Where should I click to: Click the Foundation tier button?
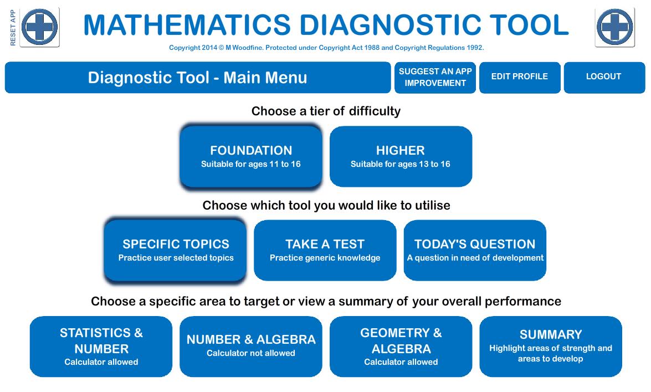[x=251, y=156]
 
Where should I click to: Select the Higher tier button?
[x=401, y=156]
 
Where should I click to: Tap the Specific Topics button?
[x=176, y=250]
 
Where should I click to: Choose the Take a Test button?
[x=325, y=250]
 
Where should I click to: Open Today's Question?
[x=475, y=250]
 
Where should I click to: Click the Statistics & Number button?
[x=101, y=347]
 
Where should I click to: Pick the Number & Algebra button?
[x=251, y=347]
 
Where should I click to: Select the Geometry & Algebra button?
[x=401, y=347]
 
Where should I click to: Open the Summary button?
[x=551, y=347]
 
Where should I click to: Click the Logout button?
[x=604, y=77]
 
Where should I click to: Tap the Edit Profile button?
[x=519, y=77]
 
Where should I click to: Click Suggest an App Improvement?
[x=435, y=77]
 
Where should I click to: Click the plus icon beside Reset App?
[x=40, y=27]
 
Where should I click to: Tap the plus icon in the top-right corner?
[x=615, y=27]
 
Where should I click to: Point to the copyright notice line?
[x=326, y=48]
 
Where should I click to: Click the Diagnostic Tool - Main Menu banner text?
[x=197, y=78]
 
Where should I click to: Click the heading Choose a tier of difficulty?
[x=326, y=111]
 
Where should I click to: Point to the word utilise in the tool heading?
[x=429, y=206]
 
